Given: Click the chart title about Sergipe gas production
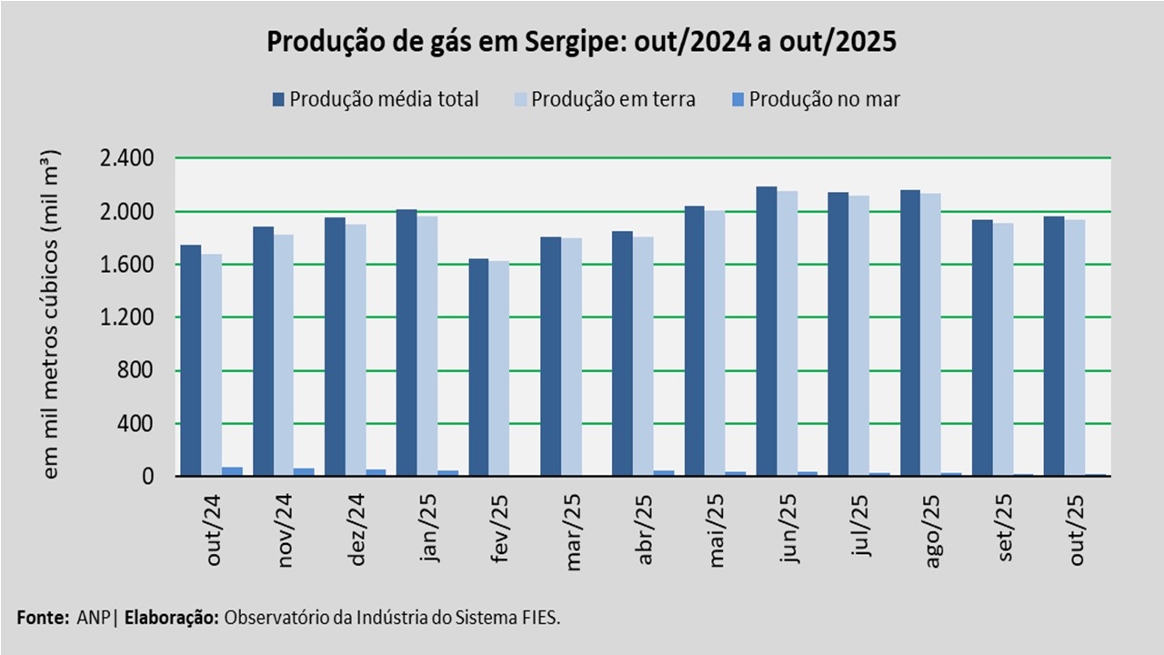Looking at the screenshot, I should point(581,42).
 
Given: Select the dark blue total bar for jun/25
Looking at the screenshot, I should point(767,331).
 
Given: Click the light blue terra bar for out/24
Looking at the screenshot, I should point(212,365).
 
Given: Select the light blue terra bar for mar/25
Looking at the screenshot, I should point(571,357).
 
